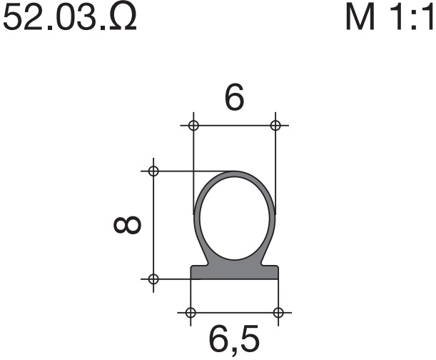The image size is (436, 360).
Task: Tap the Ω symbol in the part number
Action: [124, 17]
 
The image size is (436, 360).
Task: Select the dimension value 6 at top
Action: [234, 96]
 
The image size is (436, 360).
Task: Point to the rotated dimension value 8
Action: [128, 224]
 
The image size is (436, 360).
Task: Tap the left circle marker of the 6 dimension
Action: [193, 125]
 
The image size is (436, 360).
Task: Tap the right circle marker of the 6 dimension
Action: [275, 125]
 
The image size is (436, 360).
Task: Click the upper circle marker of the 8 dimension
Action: [153, 171]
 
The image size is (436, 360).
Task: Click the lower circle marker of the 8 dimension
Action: [153, 279]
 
